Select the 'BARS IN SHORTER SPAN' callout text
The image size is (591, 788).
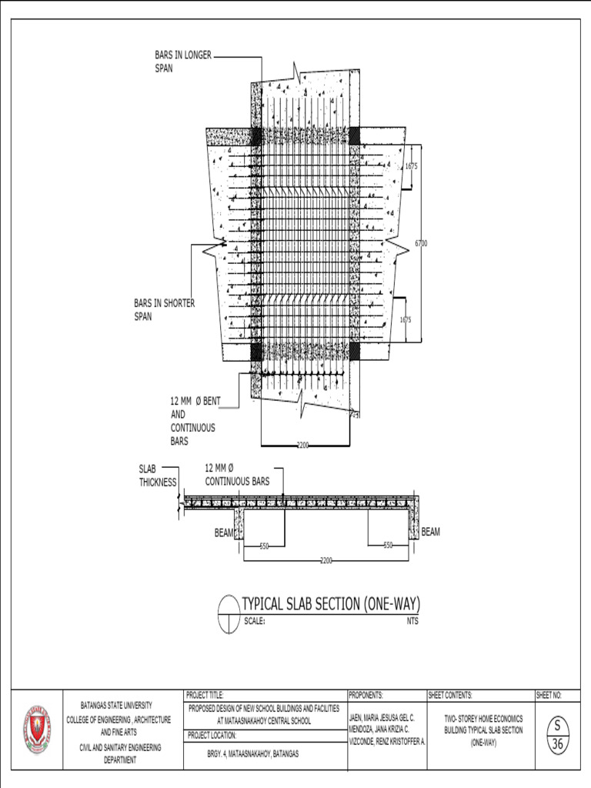(x=164, y=309)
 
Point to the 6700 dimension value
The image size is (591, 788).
(x=421, y=243)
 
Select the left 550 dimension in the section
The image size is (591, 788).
(x=264, y=546)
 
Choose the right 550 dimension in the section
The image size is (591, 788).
(x=389, y=546)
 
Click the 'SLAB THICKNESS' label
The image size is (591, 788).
(x=157, y=476)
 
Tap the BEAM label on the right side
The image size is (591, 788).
(x=431, y=532)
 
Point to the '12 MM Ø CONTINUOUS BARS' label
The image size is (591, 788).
(x=237, y=475)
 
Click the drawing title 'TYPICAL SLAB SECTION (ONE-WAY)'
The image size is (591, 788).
(x=332, y=603)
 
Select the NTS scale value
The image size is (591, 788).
(x=413, y=621)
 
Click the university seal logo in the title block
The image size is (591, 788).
(x=36, y=729)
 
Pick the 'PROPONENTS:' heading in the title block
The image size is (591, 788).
(x=369, y=695)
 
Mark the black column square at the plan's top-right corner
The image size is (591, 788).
(x=355, y=136)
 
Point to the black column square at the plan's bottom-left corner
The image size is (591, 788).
(x=255, y=352)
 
